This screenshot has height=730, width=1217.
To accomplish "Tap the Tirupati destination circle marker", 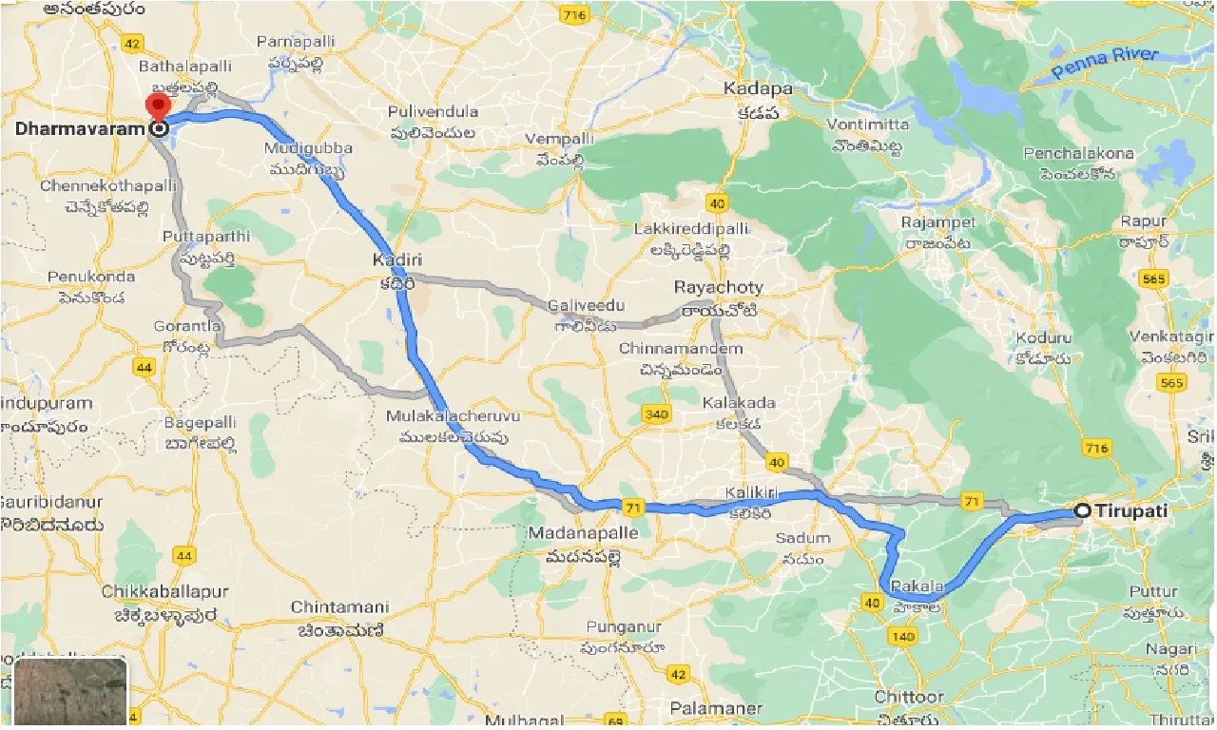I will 1082,511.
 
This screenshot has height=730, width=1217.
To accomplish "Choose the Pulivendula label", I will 433,112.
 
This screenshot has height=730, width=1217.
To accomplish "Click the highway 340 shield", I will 655,413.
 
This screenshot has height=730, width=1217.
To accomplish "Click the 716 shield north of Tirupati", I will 1096,448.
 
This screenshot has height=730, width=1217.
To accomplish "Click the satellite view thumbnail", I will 70,691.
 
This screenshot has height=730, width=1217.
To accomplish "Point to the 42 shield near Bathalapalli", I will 132,44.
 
